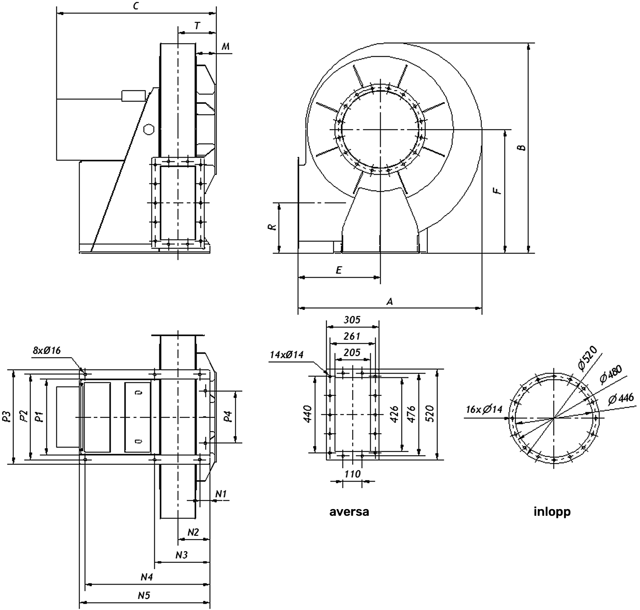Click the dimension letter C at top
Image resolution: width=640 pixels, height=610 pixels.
136,6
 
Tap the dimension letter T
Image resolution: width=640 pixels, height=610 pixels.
197,26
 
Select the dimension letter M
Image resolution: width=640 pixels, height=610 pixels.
225,46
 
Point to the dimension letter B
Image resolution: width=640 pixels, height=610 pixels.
522,148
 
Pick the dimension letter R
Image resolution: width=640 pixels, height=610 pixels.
272,227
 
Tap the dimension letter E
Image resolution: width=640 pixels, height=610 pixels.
339,270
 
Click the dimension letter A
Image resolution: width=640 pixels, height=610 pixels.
390,301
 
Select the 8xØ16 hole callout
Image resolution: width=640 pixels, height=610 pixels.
47,350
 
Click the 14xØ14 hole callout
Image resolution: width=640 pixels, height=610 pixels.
287,355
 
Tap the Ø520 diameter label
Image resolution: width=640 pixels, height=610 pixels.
588,358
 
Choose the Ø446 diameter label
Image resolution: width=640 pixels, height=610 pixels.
621,398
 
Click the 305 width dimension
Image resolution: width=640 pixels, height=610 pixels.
352,320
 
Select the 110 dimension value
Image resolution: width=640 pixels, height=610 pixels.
352,474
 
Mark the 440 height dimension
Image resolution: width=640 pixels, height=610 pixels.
308,414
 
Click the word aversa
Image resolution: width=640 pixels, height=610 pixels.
349,512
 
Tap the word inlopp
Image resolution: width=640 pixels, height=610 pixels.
552,512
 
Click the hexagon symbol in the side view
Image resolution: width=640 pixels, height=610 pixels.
148,129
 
